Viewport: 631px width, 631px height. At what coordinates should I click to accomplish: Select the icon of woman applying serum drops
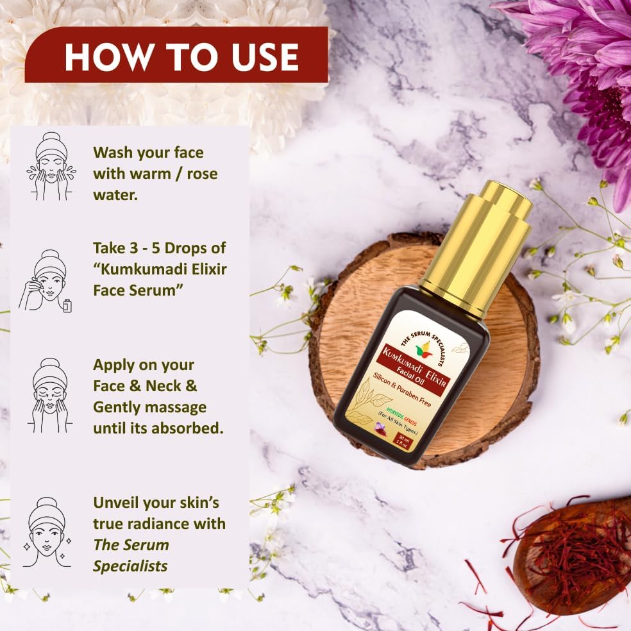[x=46, y=281]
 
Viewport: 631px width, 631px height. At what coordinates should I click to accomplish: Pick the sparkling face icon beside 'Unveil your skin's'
[x=47, y=532]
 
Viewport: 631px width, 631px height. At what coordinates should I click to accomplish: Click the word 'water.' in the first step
[x=115, y=194]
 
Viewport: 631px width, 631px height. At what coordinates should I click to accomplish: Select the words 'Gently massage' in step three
[x=149, y=407]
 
